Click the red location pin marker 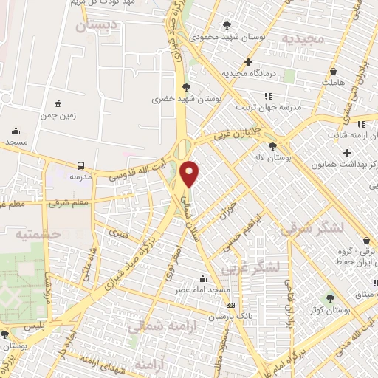point(190,173)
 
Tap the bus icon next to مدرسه point(80,166)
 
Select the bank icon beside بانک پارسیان point(231,304)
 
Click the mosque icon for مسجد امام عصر point(202,278)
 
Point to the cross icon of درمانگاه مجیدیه point(249,62)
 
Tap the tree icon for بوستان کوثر point(330,300)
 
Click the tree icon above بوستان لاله point(274,146)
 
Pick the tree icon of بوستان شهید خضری point(194,86)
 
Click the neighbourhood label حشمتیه point(36,233)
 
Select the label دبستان point(97,27)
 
